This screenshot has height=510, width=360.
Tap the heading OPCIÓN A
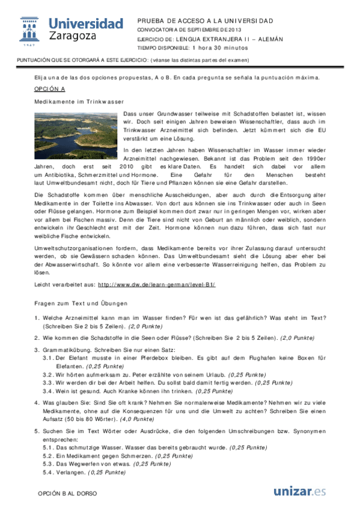[x=49, y=89]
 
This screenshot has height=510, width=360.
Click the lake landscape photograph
[x=76, y=135]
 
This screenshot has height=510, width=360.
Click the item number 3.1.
[x=47, y=357]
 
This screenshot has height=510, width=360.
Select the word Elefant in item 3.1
[x=76, y=357]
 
